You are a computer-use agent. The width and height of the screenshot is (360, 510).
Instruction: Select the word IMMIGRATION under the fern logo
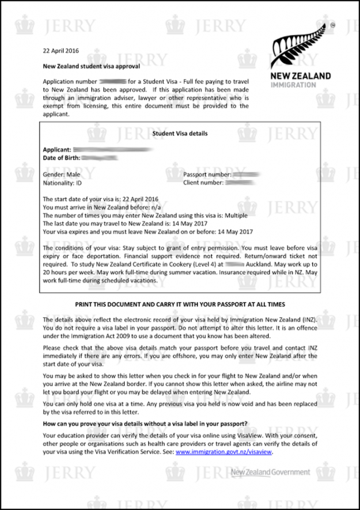click(x=293, y=85)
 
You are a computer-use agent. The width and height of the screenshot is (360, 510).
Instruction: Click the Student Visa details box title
click(x=180, y=133)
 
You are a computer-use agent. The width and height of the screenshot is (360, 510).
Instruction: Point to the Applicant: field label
click(x=57, y=149)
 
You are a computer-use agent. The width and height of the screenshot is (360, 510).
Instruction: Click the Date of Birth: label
click(x=61, y=157)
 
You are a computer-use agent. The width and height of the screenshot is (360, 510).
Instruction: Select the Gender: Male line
click(x=62, y=174)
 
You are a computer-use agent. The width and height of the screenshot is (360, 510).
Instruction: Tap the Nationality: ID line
click(x=63, y=183)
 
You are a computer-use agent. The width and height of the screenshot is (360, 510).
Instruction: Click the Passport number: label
click(x=207, y=174)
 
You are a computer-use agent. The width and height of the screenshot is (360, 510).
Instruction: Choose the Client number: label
click(x=203, y=183)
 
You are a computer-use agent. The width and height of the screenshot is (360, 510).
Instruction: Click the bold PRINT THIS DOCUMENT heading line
click(x=180, y=304)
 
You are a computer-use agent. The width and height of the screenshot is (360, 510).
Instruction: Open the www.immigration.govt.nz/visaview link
click(x=223, y=452)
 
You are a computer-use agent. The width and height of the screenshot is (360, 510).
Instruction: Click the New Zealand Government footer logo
click(x=270, y=473)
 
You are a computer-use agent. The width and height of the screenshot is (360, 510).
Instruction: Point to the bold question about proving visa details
click(x=145, y=424)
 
